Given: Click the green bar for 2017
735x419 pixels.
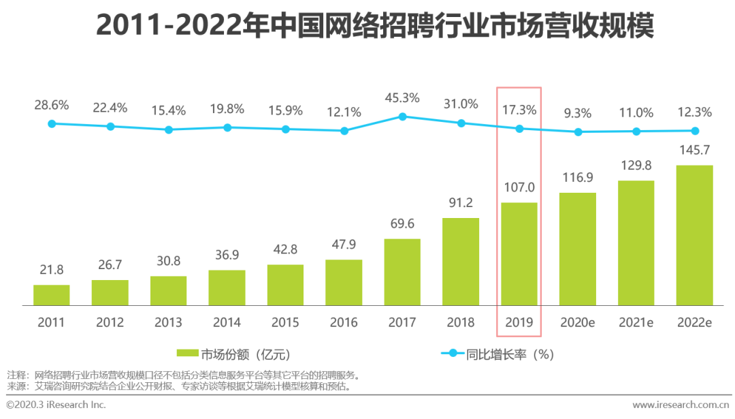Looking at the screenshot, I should pyautogui.click(x=402, y=272).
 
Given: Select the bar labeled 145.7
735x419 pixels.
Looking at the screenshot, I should pyautogui.click(x=694, y=235).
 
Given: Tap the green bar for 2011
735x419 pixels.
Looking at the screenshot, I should pyautogui.click(x=52, y=295).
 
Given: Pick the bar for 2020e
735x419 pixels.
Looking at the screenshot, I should pyautogui.click(x=578, y=249).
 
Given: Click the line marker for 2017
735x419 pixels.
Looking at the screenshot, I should pyautogui.click(x=402, y=117).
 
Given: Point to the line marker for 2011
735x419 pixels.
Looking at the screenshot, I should pyautogui.click(x=52, y=123).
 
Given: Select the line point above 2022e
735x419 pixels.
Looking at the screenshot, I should pyautogui.click(x=695, y=131).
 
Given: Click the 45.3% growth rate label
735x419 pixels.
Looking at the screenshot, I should pyautogui.click(x=402, y=97).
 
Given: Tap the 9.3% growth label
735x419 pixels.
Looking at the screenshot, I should pyautogui.click(x=578, y=114).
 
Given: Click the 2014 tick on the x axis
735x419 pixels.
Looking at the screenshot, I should pyautogui.click(x=227, y=322).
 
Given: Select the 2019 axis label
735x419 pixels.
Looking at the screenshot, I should pyautogui.click(x=519, y=322).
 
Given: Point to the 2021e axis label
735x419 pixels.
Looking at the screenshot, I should pyautogui.click(x=636, y=322).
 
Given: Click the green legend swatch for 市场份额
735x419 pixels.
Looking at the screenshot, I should pyautogui.click(x=186, y=354).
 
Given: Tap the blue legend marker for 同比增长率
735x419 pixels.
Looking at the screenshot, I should pyautogui.click(x=452, y=354).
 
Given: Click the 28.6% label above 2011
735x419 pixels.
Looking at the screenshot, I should pyautogui.click(x=52, y=105).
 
